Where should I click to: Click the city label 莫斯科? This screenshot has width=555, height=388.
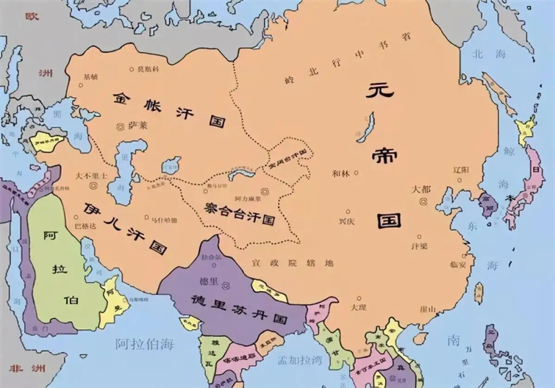148,69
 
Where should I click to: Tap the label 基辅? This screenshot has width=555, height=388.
90,77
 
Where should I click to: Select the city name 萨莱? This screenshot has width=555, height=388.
138,126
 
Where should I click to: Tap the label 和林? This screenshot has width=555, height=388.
341,172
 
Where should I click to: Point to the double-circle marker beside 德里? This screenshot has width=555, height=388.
226,287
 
